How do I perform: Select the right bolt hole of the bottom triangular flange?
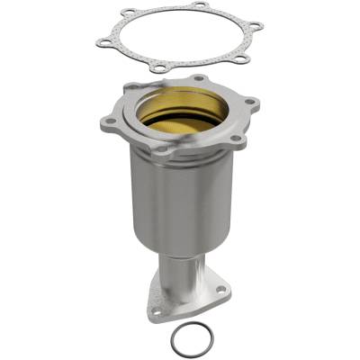tap(221, 290)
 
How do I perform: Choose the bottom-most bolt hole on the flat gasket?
tap(160, 68)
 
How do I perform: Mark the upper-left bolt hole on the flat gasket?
tap(129, 13)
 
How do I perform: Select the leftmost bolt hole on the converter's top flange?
tap(111, 121)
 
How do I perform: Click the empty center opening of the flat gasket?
tap(180, 38)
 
